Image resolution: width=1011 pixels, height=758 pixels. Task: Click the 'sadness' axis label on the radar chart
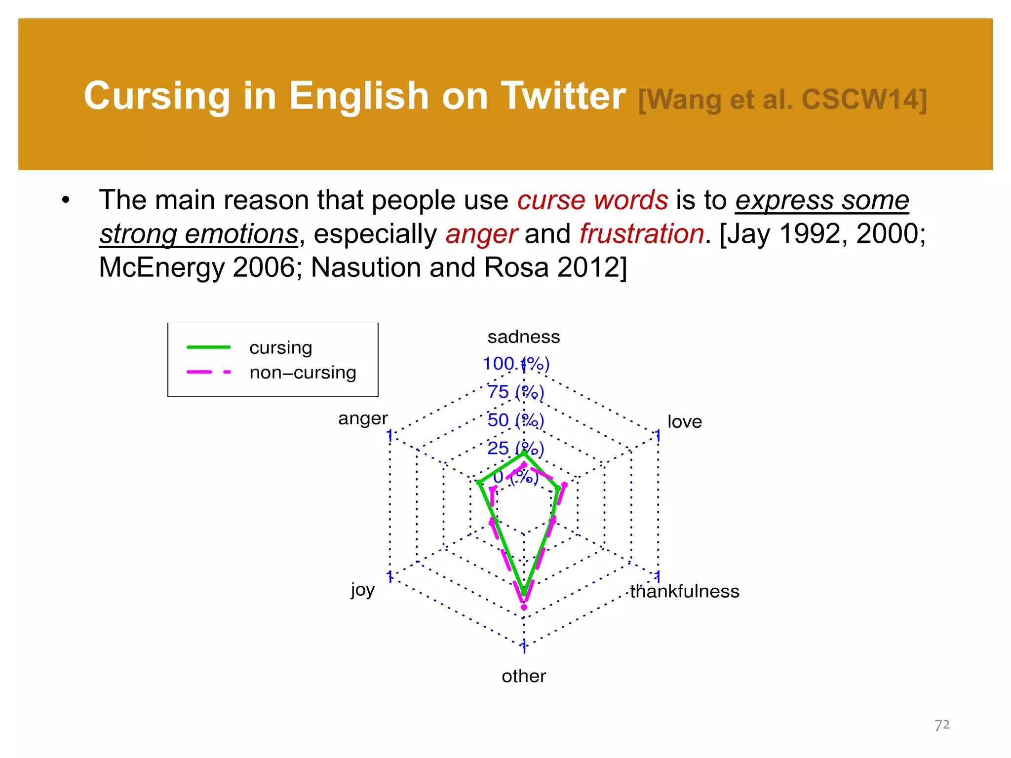click(523, 337)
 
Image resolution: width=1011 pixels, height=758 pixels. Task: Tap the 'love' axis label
click(684, 422)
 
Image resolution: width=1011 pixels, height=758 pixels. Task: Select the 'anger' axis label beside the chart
click(363, 418)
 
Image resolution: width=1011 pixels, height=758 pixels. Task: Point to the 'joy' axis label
click(363, 589)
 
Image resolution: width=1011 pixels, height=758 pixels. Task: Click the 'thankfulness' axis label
click(685, 591)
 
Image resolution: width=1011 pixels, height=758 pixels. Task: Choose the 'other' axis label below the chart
click(524, 676)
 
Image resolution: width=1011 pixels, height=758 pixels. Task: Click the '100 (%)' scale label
click(516, 364)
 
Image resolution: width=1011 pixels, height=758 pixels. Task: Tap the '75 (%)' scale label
click(516, 392)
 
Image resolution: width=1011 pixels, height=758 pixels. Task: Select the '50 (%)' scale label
click(516, 420)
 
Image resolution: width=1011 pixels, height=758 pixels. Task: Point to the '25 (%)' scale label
click(516, 449)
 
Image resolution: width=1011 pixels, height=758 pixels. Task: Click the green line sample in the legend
click(208, 347)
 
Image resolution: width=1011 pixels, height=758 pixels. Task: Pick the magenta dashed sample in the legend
click(208, 372)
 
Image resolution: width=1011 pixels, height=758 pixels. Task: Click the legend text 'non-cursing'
click(303, 373)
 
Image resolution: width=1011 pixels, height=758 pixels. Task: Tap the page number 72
click(942, 725)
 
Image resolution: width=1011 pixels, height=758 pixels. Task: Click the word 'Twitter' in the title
click(563, 96)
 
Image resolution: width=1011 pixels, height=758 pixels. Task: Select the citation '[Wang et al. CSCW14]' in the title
click(782, 100)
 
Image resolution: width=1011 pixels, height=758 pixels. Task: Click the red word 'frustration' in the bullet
click(641, 233)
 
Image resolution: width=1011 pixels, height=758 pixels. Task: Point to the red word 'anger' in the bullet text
click(481, 234)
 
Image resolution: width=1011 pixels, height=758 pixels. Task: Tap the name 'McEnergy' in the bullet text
click(161, 268)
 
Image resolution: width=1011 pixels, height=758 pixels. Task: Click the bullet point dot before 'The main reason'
click(66, 201)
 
